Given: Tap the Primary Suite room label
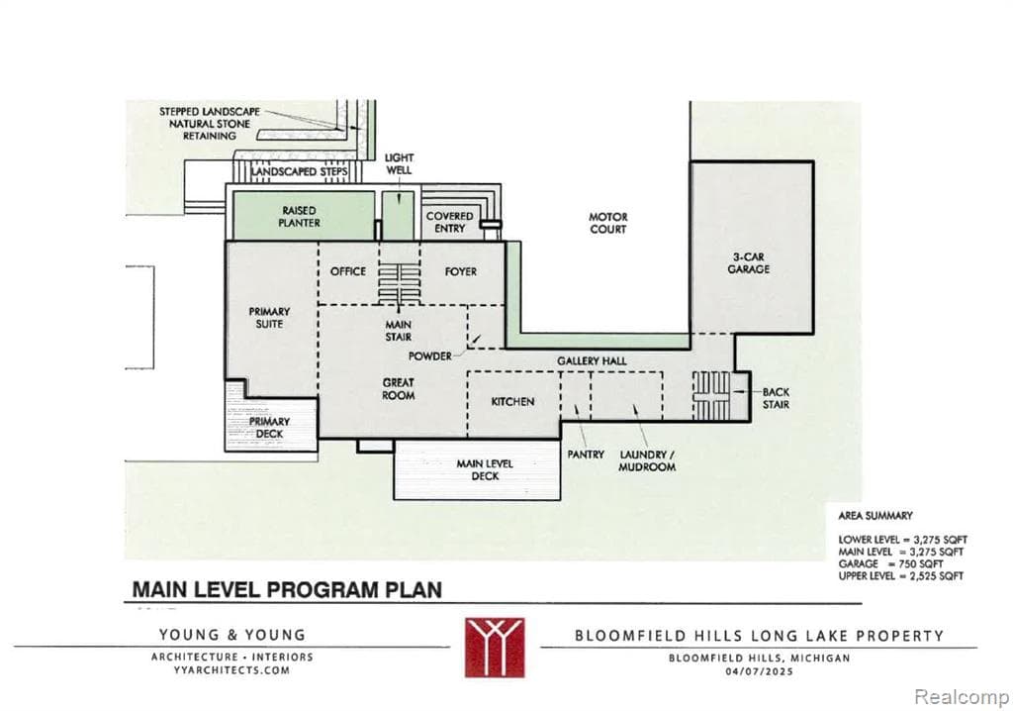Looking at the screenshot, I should [269, 318].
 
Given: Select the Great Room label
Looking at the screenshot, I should [399, 389].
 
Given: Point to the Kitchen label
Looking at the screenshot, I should [512, 401].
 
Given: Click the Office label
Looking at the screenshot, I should [347, 271].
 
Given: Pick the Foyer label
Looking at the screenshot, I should [460, 271].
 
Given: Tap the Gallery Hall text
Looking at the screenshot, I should [592, 361].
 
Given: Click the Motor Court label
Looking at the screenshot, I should [608, 223].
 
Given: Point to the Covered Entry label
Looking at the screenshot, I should [450, 222].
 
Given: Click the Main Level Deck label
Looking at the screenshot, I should [478, 469].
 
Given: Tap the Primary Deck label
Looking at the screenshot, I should [269, 428].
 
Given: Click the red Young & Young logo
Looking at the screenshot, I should [495, 647].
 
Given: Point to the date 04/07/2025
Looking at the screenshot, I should [759, 671].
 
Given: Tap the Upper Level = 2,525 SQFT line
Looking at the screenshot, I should [900, 575].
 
